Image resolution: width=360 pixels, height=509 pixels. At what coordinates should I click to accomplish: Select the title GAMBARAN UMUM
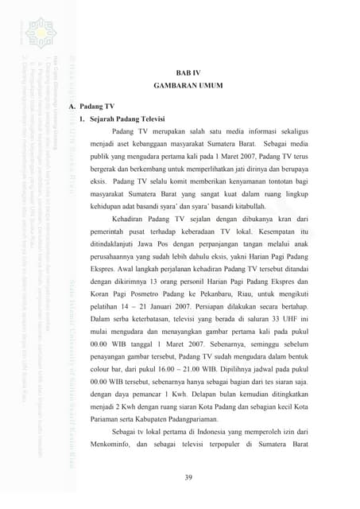pos(188,85)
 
